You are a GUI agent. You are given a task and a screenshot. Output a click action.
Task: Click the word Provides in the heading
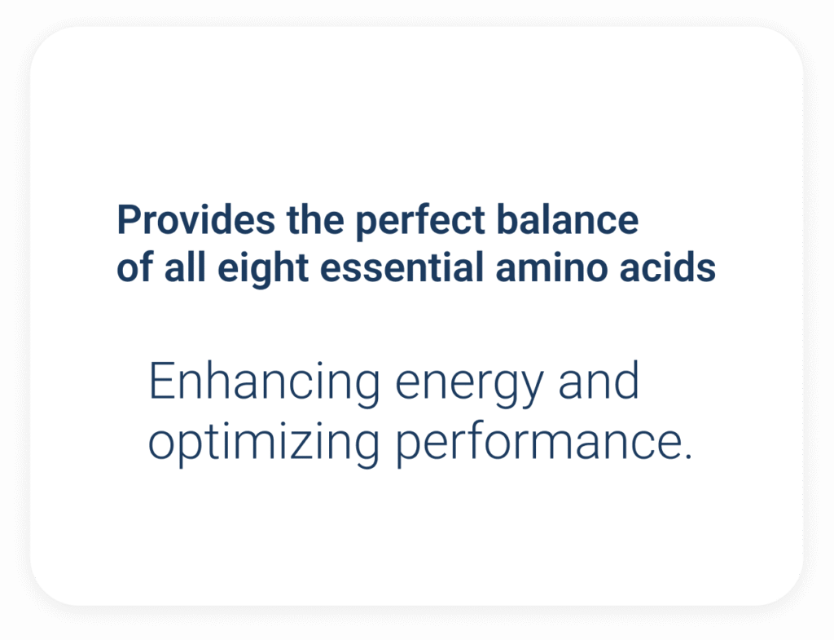coord(196,219)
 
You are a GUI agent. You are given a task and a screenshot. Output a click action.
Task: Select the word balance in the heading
coord(568,219)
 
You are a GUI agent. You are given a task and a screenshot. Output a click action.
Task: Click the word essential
coord(402,267)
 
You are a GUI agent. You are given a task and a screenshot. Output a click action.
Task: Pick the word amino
coord(551,267)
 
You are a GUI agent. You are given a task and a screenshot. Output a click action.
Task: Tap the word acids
coord(668,267)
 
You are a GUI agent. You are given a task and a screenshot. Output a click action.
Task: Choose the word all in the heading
coord(185,267)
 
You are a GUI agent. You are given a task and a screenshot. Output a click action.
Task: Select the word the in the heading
coord(315,219)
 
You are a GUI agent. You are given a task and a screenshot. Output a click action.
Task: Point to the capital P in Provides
coord(129,219)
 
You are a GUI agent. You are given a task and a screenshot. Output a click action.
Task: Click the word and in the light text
coord(599,380)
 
